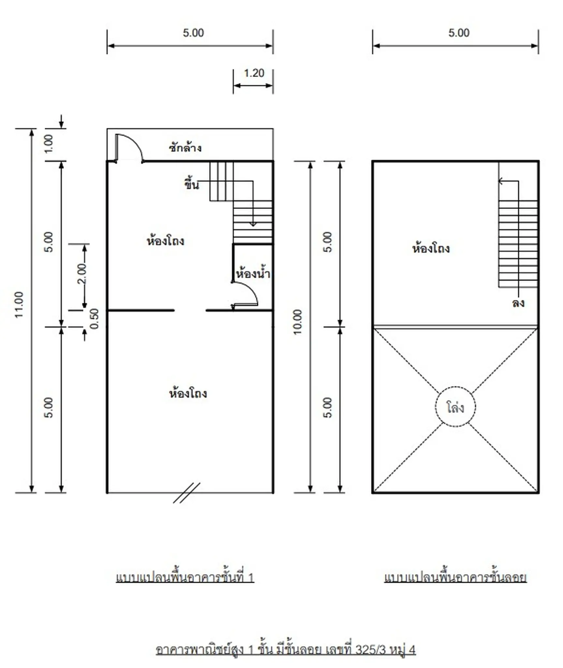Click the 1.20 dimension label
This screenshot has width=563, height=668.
coord(254,73)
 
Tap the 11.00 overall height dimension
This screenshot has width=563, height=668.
coord(19,305)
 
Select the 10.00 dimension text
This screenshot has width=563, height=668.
coord(298,322)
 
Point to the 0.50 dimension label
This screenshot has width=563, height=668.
coord(94,319)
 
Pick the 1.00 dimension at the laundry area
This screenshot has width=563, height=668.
coord(48,144)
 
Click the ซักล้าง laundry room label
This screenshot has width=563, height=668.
coord(185,148)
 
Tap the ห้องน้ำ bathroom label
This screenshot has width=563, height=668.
coord(253,273)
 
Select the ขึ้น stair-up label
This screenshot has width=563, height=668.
coord(191,184)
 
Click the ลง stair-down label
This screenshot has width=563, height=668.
coord(518,303)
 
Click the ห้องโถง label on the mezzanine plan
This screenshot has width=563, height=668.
coord(431,249)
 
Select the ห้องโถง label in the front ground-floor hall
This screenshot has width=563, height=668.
coord(188,393)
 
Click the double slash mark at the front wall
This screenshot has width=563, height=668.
coord(186,493)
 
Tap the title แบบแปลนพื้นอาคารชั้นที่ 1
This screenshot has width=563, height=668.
coord(185,577)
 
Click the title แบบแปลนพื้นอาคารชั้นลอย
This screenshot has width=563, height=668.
coord(455,577)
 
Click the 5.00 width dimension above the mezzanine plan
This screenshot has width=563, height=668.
coord(459,33)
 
